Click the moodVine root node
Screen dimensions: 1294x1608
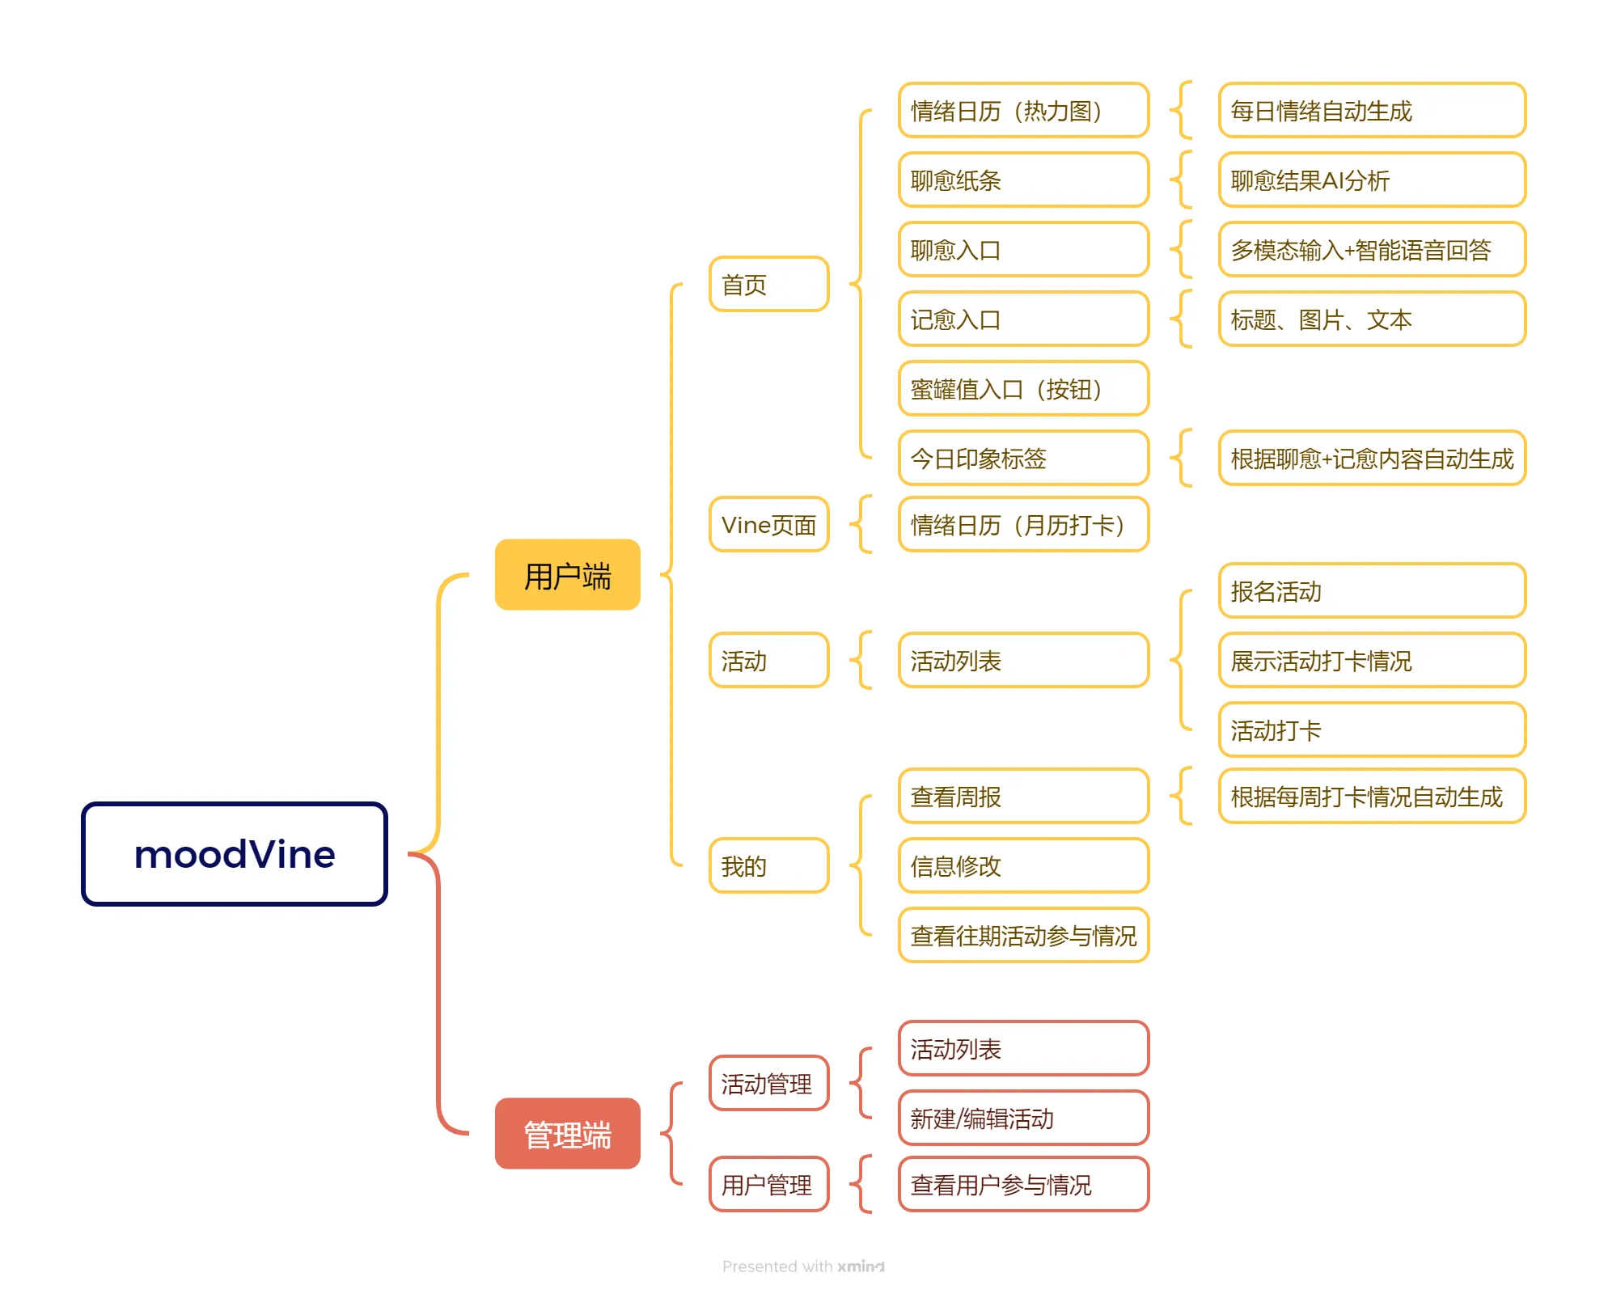coord(235,854)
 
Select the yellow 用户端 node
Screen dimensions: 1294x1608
coord(567,575)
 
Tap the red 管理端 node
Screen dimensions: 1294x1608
coord(567,1134)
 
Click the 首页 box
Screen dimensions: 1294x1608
coord(768,284)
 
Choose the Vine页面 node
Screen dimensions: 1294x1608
coord(768,525)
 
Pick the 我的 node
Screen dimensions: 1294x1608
coord(768,866)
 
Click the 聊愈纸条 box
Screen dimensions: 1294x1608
coord(1023,180)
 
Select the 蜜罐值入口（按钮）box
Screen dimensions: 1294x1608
coord(1023,389)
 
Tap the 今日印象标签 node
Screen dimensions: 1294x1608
coord(1023,459)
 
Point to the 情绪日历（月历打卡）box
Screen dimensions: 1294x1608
coord(1023,525)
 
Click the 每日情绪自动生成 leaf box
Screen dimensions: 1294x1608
coord(1372,110)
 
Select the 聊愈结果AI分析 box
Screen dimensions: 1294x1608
coord(1372,180)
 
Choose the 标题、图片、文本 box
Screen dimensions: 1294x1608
coord(1372,319)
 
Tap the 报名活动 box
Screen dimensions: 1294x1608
coord(1372,591)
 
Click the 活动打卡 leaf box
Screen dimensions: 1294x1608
coord(1372,730)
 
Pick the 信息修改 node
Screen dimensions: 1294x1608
coord(1023,866)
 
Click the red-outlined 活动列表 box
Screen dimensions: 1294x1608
coord(1023,1049)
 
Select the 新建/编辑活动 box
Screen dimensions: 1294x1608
coord(1023,1119)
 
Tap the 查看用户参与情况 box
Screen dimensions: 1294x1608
coord(1023,1185)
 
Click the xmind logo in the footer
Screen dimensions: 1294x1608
coord(861,1267)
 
